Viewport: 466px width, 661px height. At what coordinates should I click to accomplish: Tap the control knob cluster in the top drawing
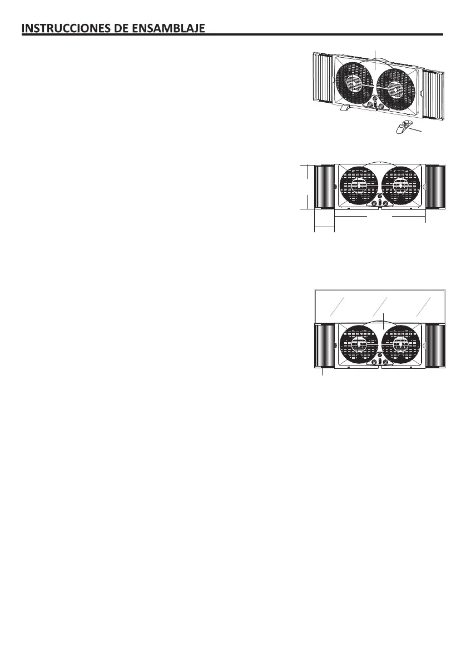[x=376, y=104]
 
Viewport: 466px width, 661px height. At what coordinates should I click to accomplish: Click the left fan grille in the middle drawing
[x=359, y=186]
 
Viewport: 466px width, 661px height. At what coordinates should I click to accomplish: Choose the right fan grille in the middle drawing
[x=402, y=186]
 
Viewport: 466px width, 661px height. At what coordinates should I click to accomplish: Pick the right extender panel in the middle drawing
[x=435, y=187]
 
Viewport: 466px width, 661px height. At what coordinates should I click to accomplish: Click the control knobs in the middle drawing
[x=380, y=203]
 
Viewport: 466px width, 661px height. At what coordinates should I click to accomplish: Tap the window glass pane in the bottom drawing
[x=380, y=306]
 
